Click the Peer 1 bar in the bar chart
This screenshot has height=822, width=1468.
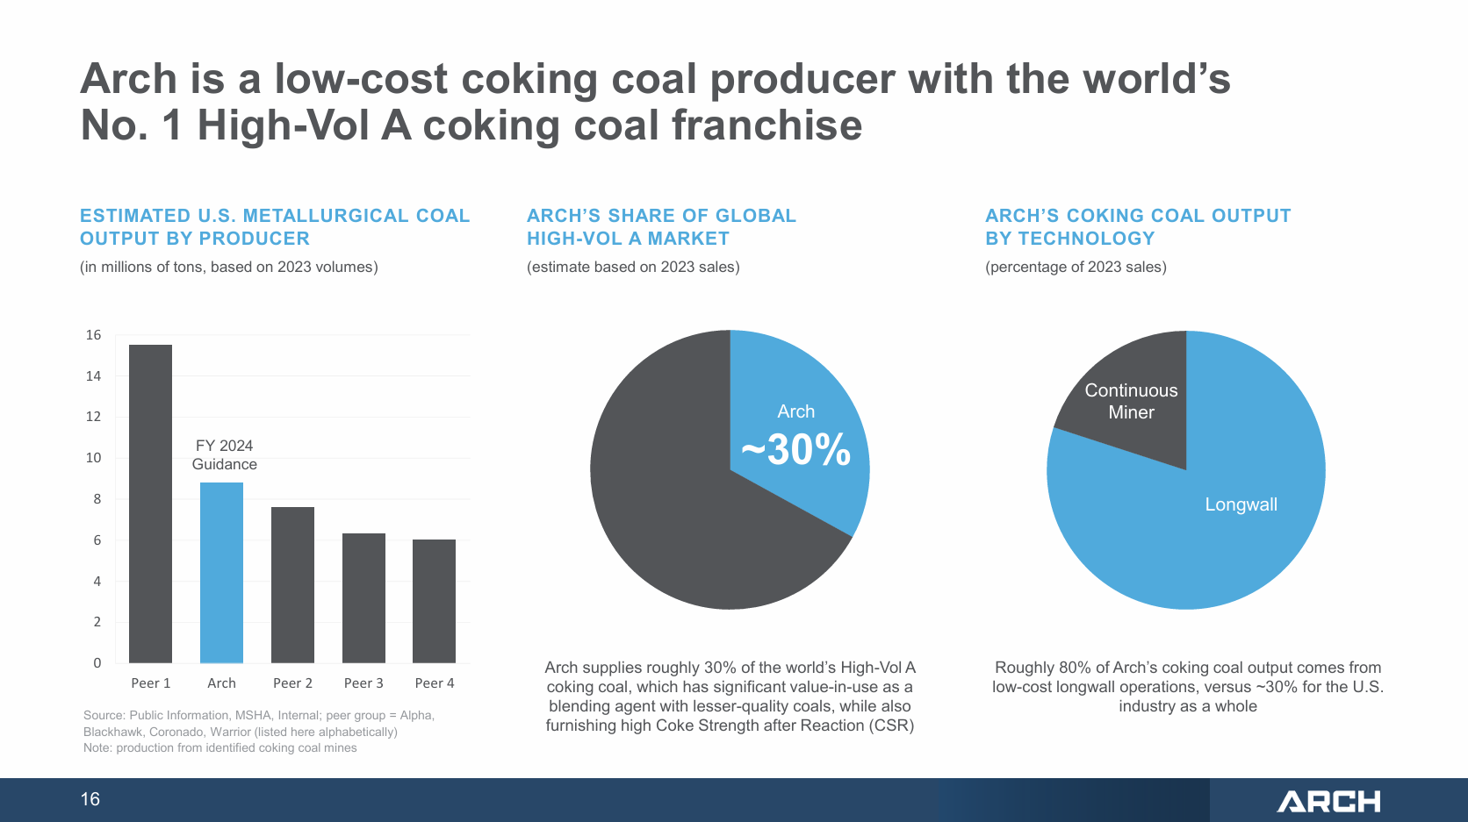[150, 504]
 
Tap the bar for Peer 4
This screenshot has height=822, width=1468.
[434, 601]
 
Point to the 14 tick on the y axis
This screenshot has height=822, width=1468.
[93, 375]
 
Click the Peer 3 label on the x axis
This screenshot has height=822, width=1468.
[363, 683]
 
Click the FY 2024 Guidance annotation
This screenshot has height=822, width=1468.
[224, 454]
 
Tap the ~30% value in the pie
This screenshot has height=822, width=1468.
[795, 449]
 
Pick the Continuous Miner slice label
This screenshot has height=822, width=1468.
[1131, 401]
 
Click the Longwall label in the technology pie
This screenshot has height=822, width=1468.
[1241, 504]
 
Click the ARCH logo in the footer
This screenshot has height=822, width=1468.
[1328, 801]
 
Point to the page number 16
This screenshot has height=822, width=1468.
[90, 799]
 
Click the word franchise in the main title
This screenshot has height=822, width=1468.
[766, 125]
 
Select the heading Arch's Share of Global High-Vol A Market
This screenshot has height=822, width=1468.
[661, 226]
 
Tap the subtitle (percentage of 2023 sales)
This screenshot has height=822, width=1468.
[1076, 267]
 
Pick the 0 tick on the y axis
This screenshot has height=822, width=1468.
[97, 662]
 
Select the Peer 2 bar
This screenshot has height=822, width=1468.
[292, 584]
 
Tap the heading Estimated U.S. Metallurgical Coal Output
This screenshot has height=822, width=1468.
[275, 226]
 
